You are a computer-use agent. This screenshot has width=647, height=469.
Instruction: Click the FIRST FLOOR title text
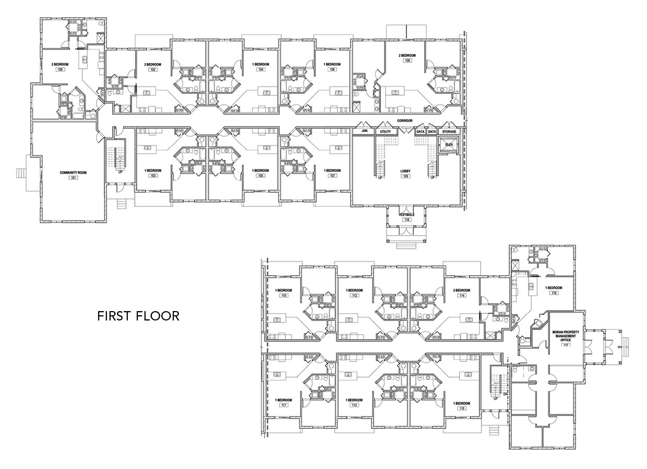(138, 316)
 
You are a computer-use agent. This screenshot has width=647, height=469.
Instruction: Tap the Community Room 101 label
(73, 174)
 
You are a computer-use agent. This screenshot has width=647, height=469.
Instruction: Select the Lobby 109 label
(405, 174)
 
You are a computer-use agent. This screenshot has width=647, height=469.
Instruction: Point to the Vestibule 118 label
(406, 217)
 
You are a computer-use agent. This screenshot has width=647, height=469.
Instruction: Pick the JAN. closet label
(365, 131)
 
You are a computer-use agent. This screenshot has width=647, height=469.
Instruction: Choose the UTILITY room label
(386, 131)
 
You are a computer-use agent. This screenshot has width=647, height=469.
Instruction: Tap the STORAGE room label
(449, 131)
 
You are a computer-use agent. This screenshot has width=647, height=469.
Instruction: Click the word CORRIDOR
(404, 121)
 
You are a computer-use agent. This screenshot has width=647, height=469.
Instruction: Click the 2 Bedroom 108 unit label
(408, 58)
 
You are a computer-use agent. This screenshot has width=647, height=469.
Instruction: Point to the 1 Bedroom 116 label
(554, 290)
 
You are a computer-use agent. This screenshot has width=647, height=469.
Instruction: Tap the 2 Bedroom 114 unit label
(461, 292)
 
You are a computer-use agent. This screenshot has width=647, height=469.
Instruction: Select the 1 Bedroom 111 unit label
(284, 402)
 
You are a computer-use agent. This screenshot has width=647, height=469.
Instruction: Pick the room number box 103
(153, 176)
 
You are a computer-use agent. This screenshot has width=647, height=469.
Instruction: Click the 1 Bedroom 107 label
(332, 173)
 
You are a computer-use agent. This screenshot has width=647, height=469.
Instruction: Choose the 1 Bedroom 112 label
(355, 292)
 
